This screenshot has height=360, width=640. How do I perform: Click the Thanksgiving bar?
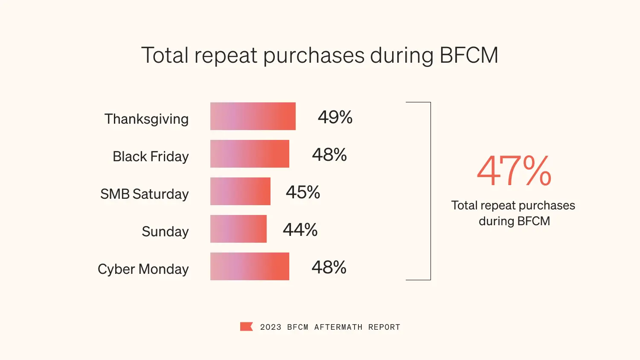point(253,116)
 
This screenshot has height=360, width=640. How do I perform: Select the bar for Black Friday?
point(250,154)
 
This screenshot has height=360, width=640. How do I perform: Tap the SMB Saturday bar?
point(240,191)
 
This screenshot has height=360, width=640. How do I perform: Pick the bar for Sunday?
point(238,229)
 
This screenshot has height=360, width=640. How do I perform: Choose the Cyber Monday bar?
point(250,266)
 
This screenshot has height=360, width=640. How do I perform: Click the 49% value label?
point(335,117)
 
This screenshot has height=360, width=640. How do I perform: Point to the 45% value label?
point(303,192)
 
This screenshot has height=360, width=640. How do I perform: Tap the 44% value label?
point(300,229)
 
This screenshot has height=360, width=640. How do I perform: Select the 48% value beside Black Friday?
point(329,154)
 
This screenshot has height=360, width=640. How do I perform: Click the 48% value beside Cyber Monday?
point(329,267)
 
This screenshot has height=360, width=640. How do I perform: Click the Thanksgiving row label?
point(146,119)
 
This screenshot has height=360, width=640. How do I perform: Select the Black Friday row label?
point(151,157)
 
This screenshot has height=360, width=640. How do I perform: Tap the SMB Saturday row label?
point(144,194)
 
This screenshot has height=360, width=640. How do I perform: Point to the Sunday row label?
point(165,232)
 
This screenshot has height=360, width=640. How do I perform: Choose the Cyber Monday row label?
point(143,269)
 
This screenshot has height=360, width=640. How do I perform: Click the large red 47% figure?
point(514,171)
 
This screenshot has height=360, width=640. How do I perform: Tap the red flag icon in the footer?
point(246,327)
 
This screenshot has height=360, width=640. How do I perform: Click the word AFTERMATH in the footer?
point(338,327)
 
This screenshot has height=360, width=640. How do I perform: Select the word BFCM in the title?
point(468,55)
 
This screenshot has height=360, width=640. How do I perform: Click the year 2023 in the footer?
point(271,327)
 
